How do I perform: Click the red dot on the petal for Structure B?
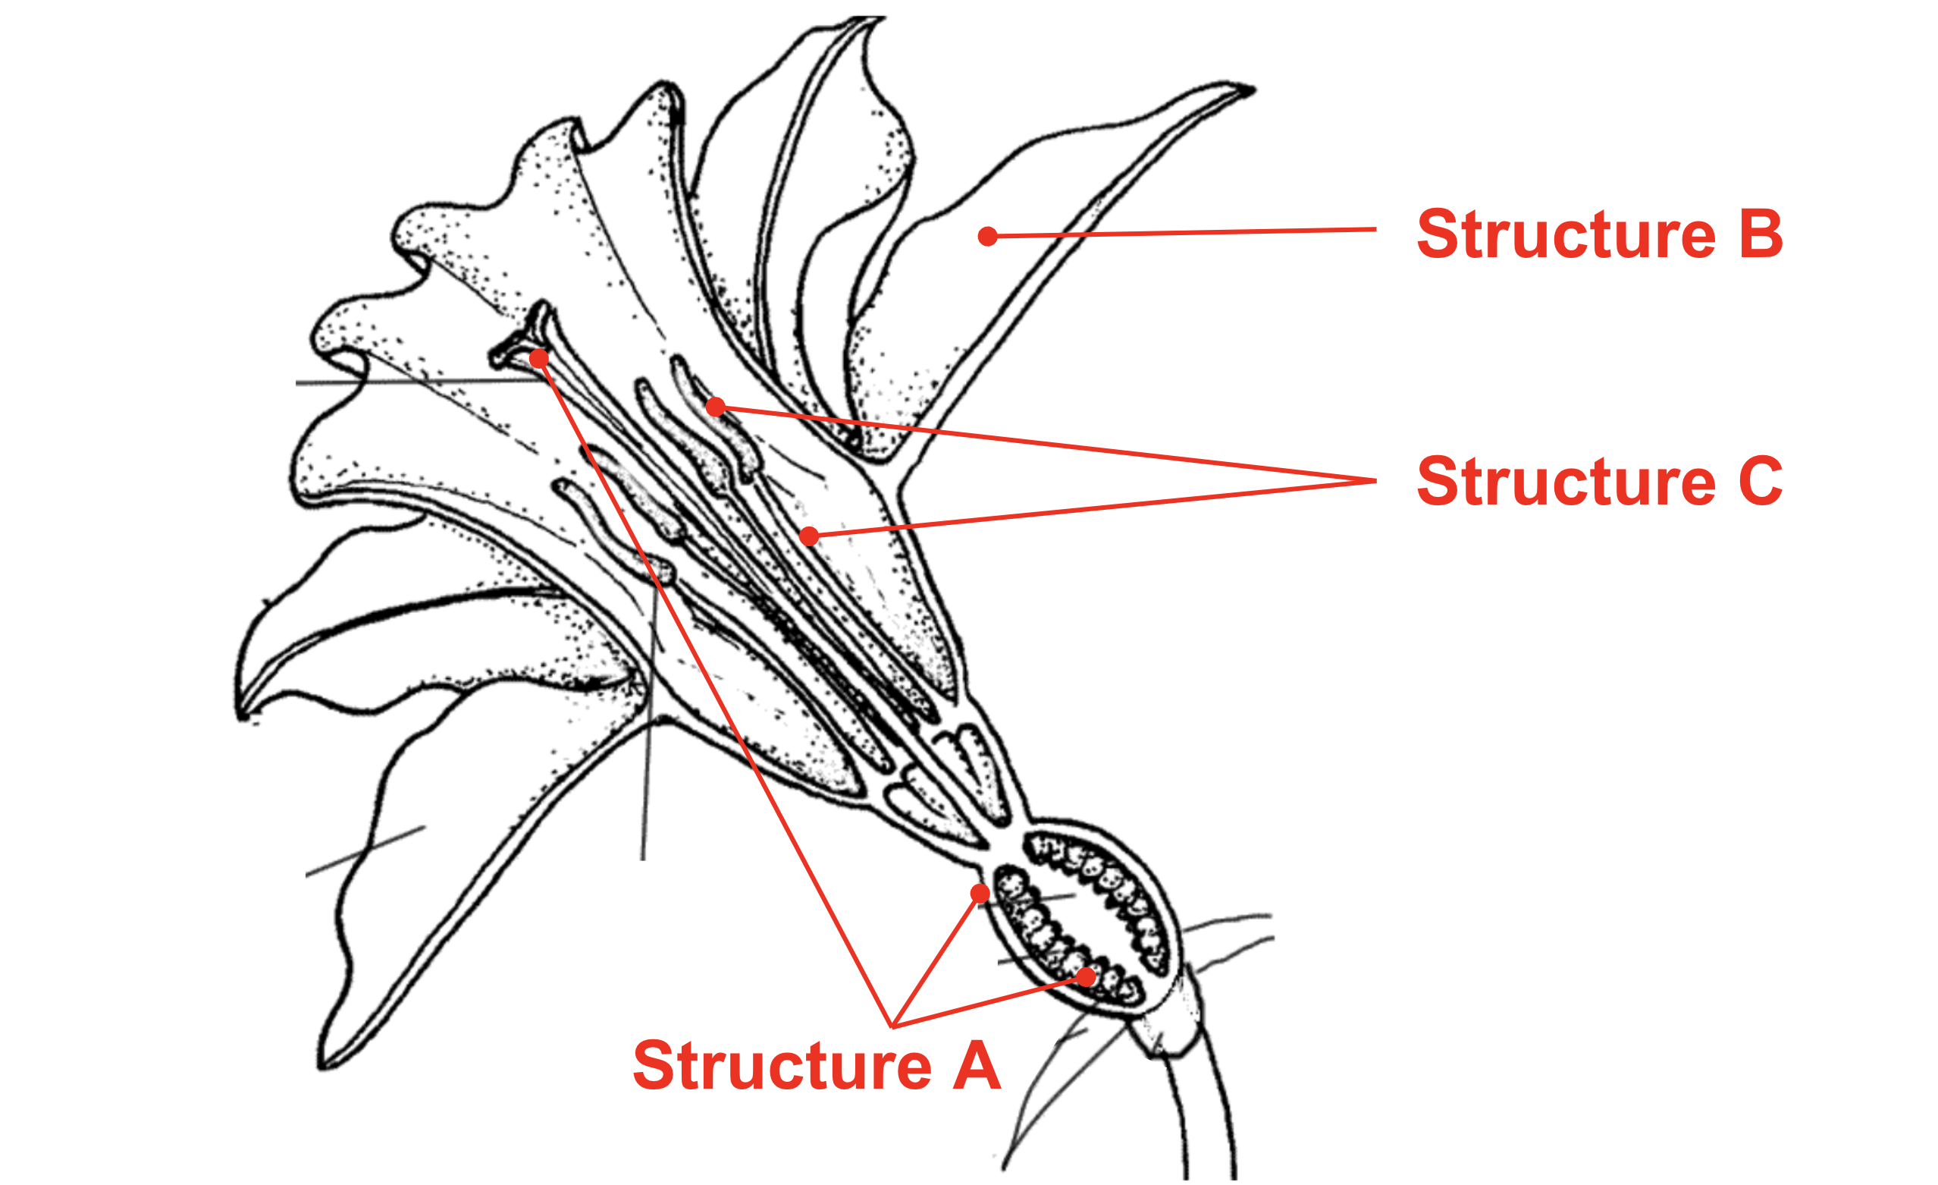[988, 236]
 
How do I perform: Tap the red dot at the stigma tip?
[539, 359]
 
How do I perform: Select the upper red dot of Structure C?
[715, 407]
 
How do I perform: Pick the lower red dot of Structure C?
[808, 536]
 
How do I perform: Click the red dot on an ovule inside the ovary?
[1087, 977]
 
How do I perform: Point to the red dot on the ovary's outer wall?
[980, 893]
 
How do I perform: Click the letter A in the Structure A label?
[976, 1066]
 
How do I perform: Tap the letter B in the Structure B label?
[1761, 234]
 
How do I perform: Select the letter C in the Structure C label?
[1761, 481]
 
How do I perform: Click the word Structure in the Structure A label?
[782, 1066]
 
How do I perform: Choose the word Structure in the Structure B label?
[1566, 234]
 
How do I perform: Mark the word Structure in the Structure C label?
[1566, 481]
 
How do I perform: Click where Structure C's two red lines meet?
[1375, 480]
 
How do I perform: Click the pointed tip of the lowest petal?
[321, 1067]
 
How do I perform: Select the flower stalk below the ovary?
[1207, 1117]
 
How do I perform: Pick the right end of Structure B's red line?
[1375, 229]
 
